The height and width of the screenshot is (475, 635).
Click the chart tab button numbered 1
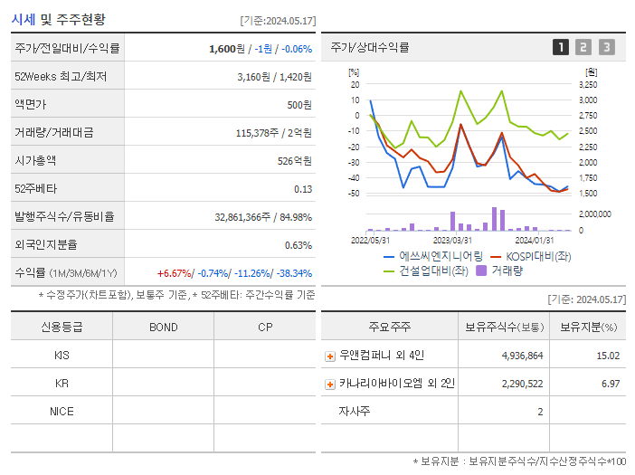(561, 47)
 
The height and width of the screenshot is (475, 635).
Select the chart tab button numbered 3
(606, 47)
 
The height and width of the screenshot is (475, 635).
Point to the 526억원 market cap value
(296, 161)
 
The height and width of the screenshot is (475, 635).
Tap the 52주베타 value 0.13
(303, 189)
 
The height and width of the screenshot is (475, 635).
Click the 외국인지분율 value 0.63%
(298, 245)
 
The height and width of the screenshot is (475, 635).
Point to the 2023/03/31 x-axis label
(452, 241)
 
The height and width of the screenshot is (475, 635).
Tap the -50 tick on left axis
(355, 194)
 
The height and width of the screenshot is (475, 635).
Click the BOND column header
(163, 328)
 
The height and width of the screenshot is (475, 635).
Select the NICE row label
(62, 412)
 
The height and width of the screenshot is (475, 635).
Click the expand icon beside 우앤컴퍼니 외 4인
(330, 356)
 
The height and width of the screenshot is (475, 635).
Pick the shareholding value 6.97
(611, 385)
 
